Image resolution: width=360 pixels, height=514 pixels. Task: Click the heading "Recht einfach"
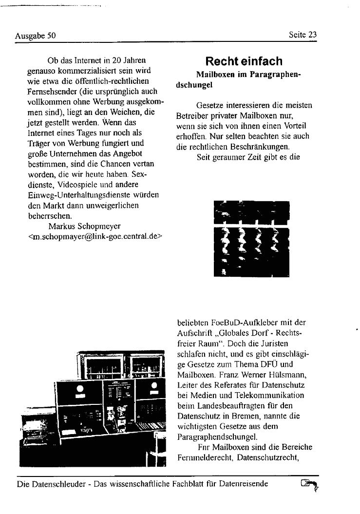tap(244, 61)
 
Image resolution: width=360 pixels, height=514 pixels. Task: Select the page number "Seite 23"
tap(303, 35)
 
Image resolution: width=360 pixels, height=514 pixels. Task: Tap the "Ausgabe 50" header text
tap(36, 35)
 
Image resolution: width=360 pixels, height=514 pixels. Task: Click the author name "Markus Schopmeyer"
tap(85, 226)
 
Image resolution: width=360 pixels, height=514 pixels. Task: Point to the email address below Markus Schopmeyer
tap(95, 236)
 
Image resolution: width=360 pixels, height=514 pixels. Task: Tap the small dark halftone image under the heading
tap(251, 239)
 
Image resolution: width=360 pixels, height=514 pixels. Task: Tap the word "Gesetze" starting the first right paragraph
tap(210, 105)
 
